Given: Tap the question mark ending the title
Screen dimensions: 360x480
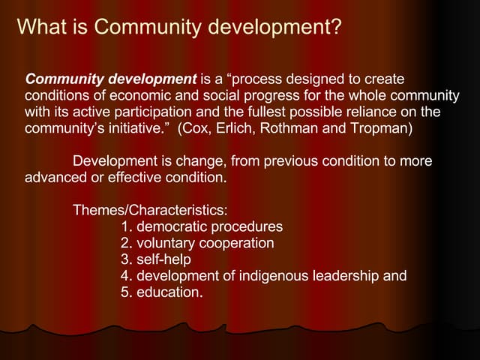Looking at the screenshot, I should click(337, 28).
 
